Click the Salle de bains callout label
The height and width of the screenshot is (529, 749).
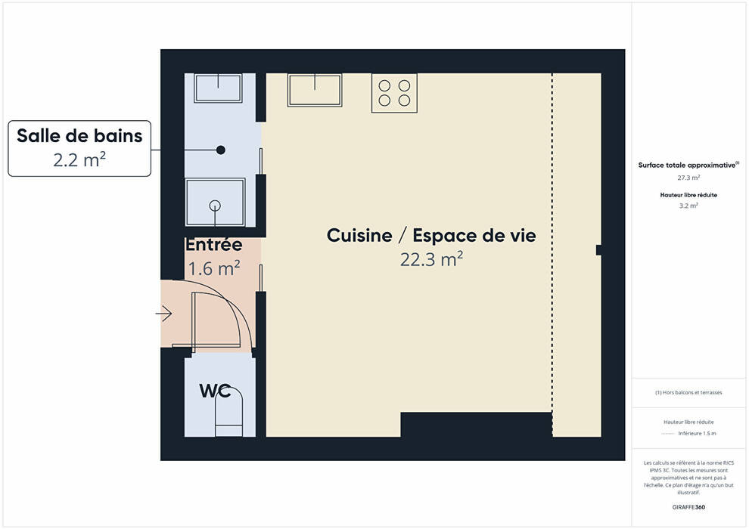click(79, 135)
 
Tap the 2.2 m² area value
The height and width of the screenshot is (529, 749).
click(79, 159)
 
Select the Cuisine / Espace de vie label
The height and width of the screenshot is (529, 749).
click(431, 235)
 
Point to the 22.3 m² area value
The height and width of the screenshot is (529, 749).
click(431, 259)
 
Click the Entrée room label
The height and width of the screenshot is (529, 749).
click(213, 244)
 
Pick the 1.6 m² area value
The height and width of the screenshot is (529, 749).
click(213, 268)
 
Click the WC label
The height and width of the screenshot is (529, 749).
click(215, 391)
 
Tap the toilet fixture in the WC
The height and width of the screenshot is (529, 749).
click(228, 412)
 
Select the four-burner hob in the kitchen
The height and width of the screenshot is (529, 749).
click(395, 93)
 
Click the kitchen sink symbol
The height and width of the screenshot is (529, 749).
click(315, 90)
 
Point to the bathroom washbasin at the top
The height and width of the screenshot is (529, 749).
click(218, 88)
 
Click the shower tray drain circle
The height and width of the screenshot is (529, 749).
click(215, 206)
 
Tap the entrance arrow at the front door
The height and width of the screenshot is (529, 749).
click(164, 314)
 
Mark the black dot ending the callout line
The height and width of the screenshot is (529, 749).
click(221, 150)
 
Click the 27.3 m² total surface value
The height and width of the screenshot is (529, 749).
click(688, 178)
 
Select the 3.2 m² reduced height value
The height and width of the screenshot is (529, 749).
click(688, 206)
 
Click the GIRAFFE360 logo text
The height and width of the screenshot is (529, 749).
click(688, 507)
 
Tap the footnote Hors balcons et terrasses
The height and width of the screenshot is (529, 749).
click(688, 392)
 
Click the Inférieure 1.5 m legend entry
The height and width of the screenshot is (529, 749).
click(697, 434)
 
